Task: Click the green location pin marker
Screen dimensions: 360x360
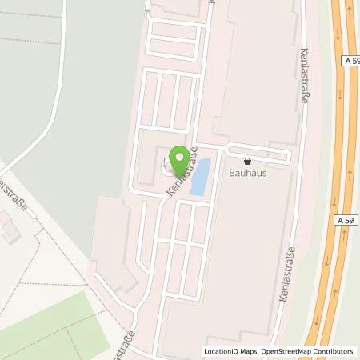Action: click(181, 158)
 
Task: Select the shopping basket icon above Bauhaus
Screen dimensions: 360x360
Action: click(246, 159)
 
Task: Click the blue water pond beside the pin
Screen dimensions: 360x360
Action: click(199, 176)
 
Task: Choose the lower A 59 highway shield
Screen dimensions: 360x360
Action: click(346, 219)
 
